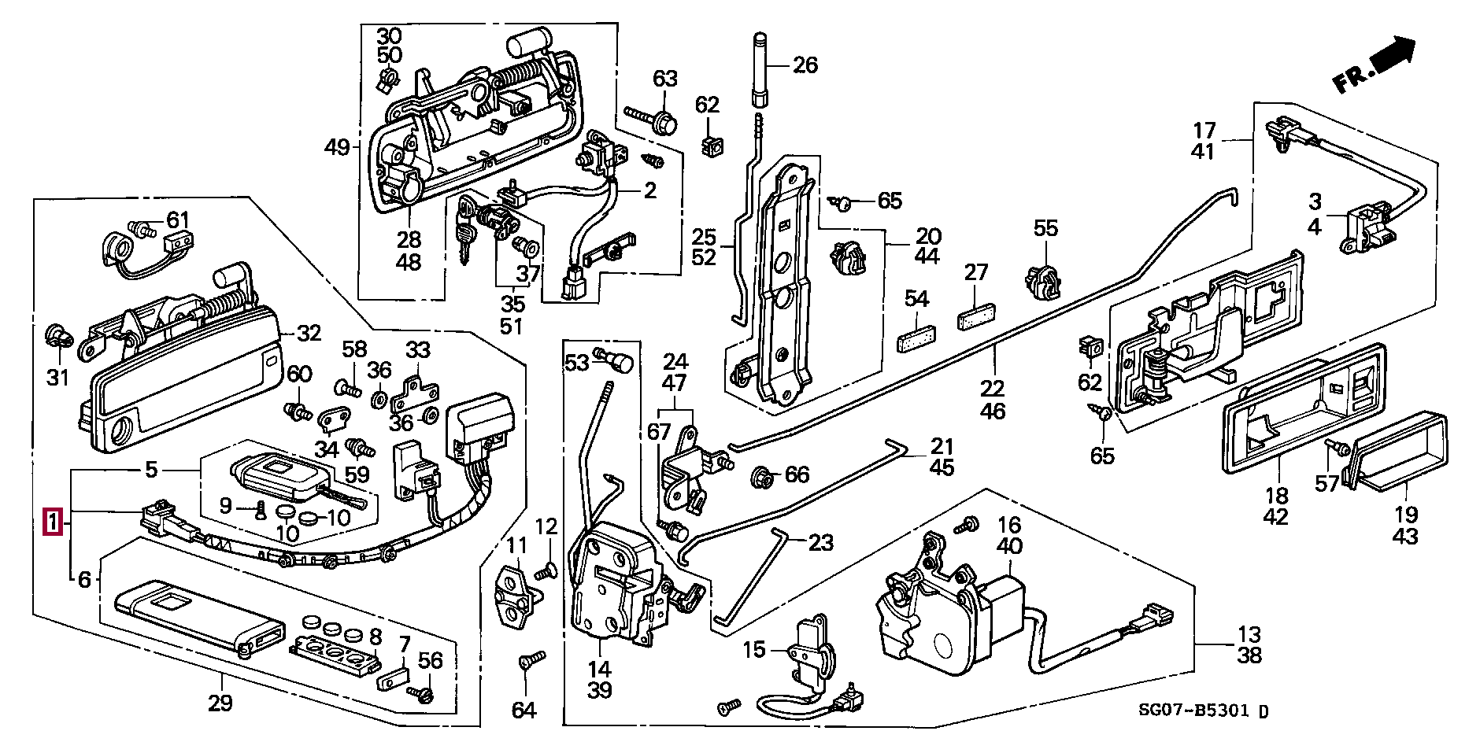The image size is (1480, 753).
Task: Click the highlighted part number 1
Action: [53, 521]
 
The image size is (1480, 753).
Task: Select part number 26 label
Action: [805, 65]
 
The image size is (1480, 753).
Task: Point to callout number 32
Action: [309, 334]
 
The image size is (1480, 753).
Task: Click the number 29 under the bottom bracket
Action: [220, 703]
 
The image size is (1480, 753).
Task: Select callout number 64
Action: [524, 711]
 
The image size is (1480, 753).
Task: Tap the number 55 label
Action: [1046, 229]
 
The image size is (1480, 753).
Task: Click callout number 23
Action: [820, 542]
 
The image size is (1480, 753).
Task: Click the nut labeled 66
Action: [762, 475]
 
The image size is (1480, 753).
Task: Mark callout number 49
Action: [338, 147]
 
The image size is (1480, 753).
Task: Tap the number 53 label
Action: [577, 363]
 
